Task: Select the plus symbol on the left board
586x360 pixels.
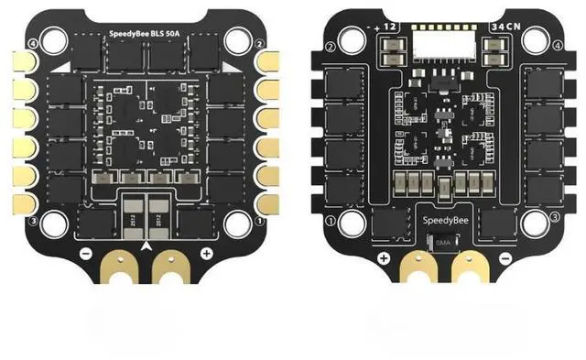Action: tap(207, 252)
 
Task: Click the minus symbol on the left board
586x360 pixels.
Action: tap(84, 252)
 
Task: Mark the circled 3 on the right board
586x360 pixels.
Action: tap(555, 217)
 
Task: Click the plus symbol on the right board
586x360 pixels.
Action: tap(378, 258)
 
